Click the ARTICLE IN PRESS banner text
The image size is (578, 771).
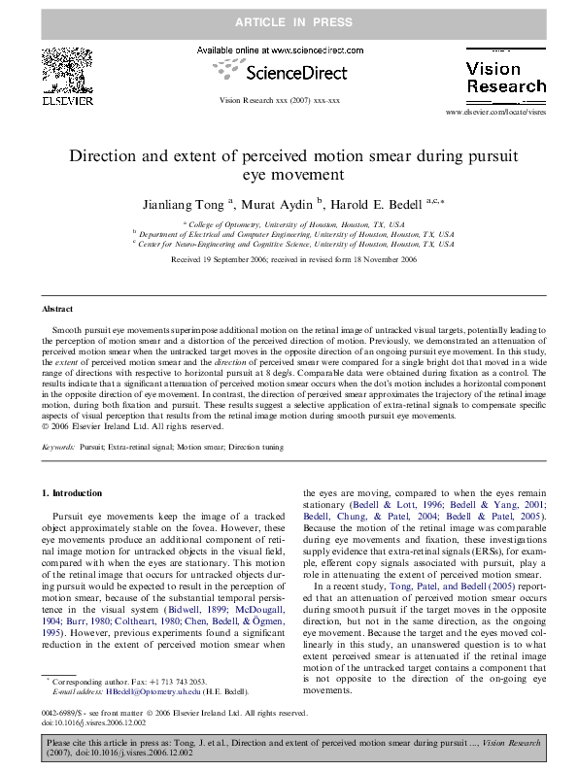point(289,19)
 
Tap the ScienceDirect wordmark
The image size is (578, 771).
point(292,71)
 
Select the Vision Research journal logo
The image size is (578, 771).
point(506,78)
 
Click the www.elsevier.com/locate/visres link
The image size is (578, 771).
point(495,113)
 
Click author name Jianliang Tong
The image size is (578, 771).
point(177,204)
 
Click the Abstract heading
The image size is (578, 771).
point(57,309)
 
